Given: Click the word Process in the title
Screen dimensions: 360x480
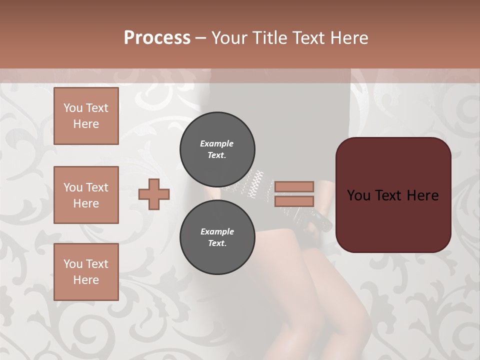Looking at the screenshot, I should [x=157, y=38].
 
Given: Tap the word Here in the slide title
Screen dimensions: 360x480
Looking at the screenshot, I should [x=349, y=38].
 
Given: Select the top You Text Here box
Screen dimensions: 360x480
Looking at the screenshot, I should [x=86, y=116].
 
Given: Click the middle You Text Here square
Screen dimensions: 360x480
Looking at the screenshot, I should [x=86, y=195].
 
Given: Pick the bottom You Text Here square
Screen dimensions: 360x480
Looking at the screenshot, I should [x=86, y=271].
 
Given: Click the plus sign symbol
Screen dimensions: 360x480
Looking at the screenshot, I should [x=154, y=194].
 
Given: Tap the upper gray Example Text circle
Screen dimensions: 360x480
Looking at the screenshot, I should [x=217, y=149].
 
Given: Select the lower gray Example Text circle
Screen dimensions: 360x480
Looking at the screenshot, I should [x=217, y=237].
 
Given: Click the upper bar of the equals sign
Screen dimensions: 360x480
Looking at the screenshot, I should [x=294, y=186].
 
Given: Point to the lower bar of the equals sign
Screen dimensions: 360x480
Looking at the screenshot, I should [x=294, y=201].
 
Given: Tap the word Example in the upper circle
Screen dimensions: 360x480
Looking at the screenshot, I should [x=217, y=143].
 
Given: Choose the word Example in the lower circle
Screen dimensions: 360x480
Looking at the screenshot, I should [x=217, y=231].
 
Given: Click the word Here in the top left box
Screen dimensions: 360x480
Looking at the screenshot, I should [x=86, y=124].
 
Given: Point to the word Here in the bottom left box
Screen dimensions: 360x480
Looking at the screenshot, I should [x=86, y=280].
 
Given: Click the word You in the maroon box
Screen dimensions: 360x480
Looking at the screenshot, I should [x=358, y=195].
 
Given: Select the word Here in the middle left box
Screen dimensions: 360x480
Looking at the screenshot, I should [x=86, y=203].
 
